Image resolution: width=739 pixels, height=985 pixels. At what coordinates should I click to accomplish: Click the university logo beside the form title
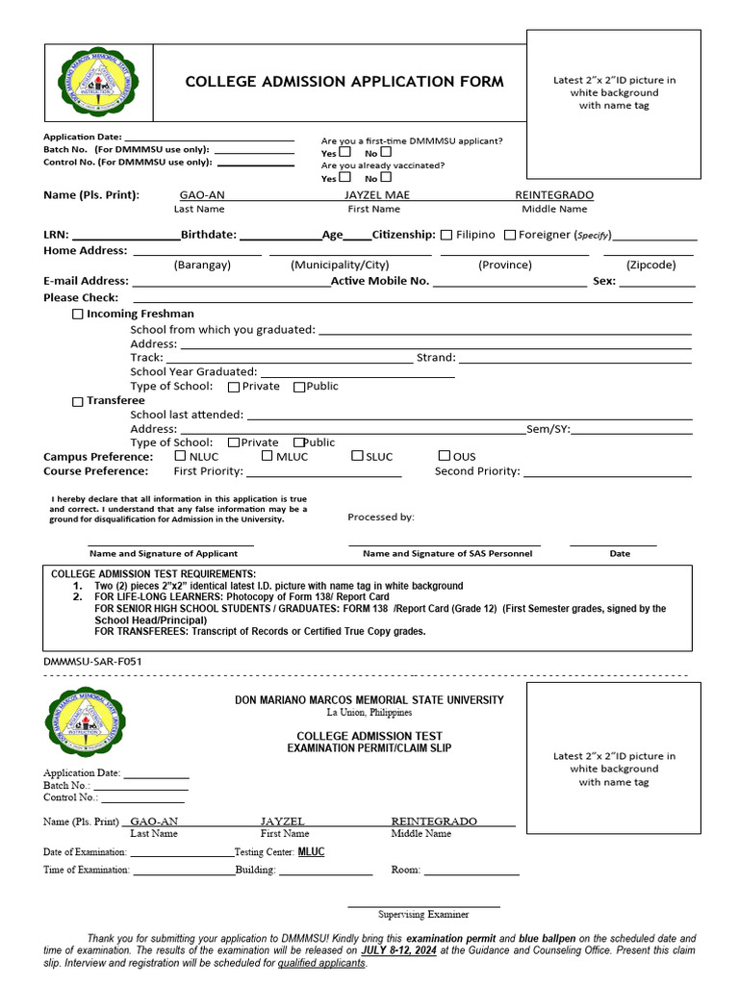97,80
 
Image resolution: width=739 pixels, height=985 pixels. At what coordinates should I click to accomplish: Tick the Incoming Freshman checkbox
78,315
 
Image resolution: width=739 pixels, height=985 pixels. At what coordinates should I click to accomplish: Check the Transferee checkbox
78,402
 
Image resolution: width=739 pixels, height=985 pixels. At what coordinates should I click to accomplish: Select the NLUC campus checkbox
180,456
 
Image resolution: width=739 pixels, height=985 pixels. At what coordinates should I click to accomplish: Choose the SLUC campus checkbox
356,456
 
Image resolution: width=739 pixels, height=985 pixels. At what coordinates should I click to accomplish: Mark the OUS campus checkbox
444,456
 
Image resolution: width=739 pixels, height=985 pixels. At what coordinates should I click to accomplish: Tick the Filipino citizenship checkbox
446,235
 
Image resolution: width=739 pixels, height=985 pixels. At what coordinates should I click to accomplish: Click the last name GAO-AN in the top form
202,195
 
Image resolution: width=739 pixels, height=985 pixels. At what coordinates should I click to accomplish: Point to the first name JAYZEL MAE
376,195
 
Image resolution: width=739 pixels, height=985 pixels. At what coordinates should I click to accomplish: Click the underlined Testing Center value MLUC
311,852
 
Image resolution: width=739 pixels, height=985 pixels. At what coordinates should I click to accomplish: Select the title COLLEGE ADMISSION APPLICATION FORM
344,82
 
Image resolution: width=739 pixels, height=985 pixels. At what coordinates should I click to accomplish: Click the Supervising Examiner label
423,915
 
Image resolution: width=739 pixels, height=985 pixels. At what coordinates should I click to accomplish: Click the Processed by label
381,518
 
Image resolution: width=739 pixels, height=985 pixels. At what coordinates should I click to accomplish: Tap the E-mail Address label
86,282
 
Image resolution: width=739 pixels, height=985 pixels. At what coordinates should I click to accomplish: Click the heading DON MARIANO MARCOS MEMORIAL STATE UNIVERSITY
369,700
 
